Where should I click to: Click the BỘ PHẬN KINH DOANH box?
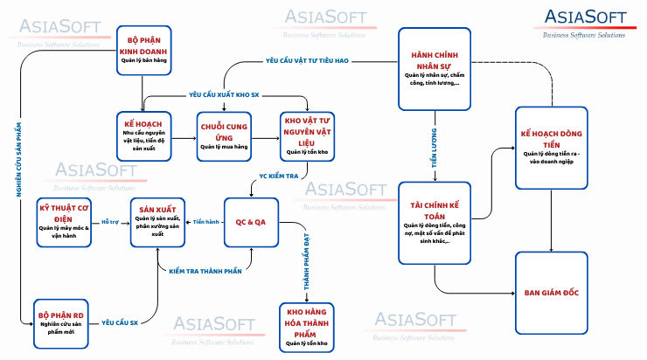click(x=143, y=49)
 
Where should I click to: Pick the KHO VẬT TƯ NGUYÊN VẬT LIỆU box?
click(x=308, y=135)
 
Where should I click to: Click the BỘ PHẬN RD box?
click(x=59, y=320)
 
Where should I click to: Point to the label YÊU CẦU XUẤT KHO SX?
click(x=225, y=93)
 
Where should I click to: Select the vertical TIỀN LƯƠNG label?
click(x=435, y=148)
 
